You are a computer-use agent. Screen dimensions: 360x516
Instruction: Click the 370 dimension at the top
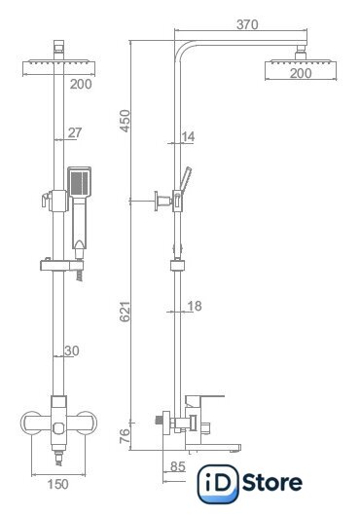pos(247,24)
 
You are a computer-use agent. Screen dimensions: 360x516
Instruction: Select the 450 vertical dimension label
pos(126,121)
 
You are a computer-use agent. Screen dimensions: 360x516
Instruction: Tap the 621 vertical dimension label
pos(126,312)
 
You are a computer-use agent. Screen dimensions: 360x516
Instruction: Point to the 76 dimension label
pos(125,436)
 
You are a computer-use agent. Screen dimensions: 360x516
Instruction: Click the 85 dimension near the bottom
pos(178,466)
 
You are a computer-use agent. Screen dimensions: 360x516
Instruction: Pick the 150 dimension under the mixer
pos(57,484)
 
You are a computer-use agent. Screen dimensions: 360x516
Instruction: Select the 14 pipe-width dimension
pos(188,136)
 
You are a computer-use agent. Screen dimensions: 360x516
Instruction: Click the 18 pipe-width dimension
pos(195,306)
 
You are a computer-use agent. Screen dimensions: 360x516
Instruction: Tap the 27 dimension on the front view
pos(75,132)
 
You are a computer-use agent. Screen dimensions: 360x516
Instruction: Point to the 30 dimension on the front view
pos(72,350)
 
